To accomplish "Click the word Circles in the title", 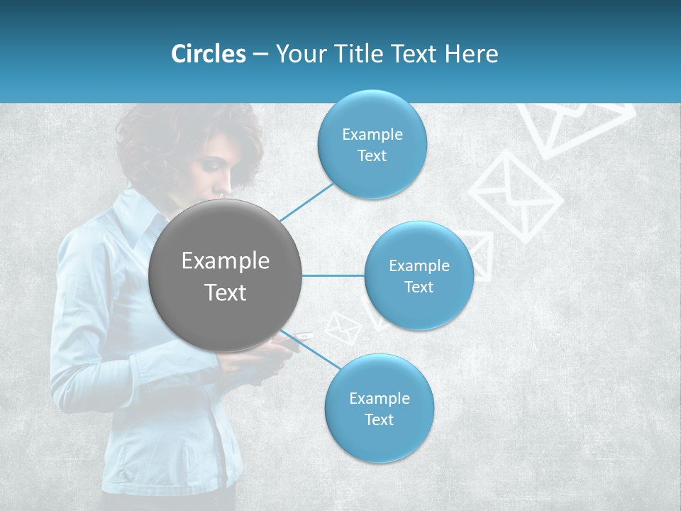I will point(209,54).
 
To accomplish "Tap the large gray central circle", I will point(226,275).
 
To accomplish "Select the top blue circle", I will point(372,144).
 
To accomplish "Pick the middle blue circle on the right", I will point(419,275).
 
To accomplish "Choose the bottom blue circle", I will point(379,408).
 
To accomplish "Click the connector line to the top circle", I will point(306,201).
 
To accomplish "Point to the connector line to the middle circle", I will point(333,275).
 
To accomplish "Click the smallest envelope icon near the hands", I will point(343,328).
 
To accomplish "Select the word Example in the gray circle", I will point(226,261).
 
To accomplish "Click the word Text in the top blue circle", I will point(372,156).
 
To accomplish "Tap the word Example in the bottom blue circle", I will point(379,398).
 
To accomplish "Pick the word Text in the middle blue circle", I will point(419,287).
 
